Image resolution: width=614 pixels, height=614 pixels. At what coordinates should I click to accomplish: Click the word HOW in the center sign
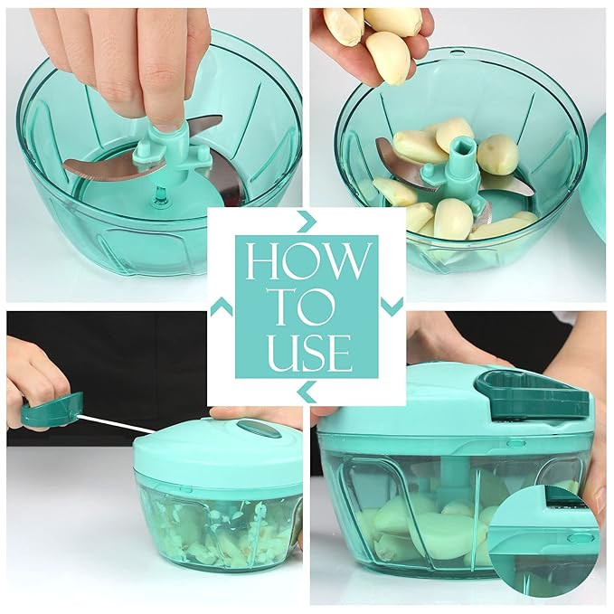[x=307, y=260]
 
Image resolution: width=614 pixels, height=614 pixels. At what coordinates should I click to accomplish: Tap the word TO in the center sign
[x=306, y=307]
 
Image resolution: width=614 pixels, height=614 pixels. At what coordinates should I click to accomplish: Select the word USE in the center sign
[x=307, y=352]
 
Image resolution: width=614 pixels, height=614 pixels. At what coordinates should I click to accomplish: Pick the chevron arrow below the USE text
[x=307, y=391]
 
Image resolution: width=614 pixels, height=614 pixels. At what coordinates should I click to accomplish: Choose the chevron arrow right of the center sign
[x=392, y=307]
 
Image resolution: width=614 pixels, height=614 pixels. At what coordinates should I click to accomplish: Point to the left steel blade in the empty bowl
[x=99, y=165]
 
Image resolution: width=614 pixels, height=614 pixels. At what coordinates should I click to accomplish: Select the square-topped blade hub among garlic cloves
[x=461, y=159]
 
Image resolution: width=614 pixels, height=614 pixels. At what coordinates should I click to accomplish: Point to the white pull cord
[x=118, y=423]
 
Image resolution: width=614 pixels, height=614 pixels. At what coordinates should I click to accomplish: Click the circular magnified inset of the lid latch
[x=551, y=533]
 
